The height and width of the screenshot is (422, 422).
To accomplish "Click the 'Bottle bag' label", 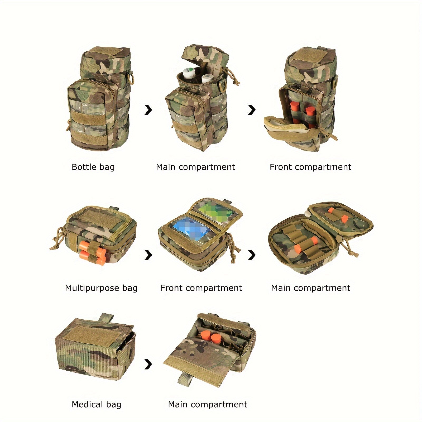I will point(93,167).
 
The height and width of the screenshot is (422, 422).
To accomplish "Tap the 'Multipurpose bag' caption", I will point(101,288).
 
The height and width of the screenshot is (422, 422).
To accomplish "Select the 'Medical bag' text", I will point(96,404).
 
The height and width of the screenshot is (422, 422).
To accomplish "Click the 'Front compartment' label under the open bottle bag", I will point(310,167).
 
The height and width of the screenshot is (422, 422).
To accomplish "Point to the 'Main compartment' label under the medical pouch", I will point(208,404).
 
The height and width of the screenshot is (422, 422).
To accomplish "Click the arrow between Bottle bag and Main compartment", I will point(148,110).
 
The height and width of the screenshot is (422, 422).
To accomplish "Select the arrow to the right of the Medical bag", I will point(148,365).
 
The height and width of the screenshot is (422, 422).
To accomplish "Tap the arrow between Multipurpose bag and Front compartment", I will point(148,255).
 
